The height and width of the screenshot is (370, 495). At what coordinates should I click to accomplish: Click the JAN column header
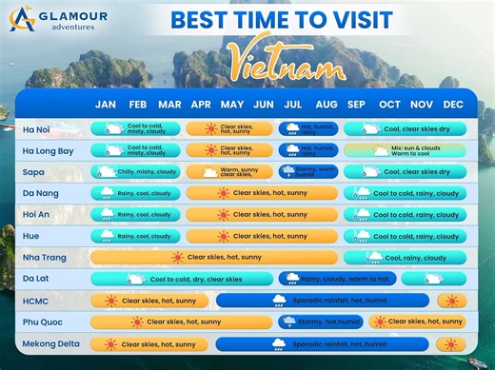(x=106, y=104)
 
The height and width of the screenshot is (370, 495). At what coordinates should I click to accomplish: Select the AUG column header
(x=326, y=104)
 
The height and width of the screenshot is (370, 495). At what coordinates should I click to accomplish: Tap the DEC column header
(x=453, y=104)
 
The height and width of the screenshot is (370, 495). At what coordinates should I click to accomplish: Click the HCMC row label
(x=37, y=301)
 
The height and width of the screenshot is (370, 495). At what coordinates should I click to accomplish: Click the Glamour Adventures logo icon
(x=22, y=18)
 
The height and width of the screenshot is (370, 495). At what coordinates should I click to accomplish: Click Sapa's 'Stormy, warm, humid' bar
(x=307, y=172)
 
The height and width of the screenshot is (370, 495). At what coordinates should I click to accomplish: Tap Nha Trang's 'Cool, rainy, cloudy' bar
(x=404, y=257)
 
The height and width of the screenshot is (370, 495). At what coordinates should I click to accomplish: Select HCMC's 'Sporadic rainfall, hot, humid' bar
(x=324, y=301)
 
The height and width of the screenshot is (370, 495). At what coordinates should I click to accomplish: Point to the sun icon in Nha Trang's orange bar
(x=177, y=257)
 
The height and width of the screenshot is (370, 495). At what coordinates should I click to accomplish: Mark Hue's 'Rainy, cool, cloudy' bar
(x=134, y=236)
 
